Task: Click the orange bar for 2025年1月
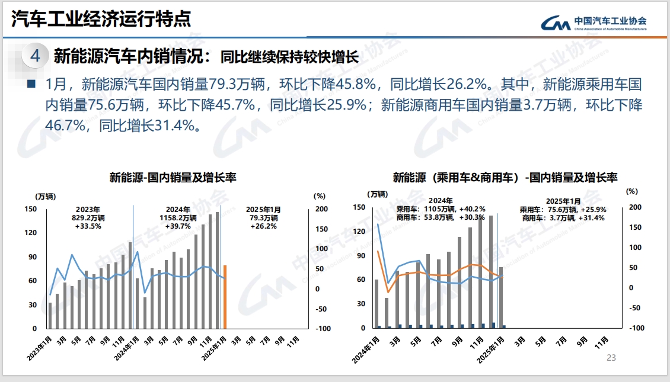coord(225,296)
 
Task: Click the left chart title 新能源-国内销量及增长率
coord(173,177)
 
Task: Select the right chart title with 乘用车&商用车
coord(505,177)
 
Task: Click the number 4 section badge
coord(35,56)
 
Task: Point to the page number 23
coord(611,358)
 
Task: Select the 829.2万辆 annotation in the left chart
coord(88,217)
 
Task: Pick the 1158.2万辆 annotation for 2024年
coord(178,217)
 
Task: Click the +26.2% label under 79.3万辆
coord(263,226)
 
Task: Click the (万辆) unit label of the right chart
coord(377,194)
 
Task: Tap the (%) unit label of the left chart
coord(320,195)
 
